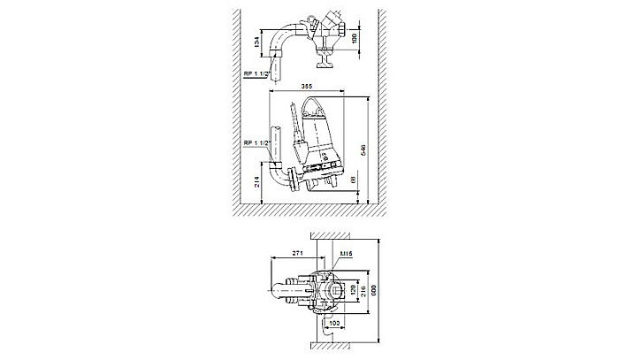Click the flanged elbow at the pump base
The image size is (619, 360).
click(285, 177)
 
